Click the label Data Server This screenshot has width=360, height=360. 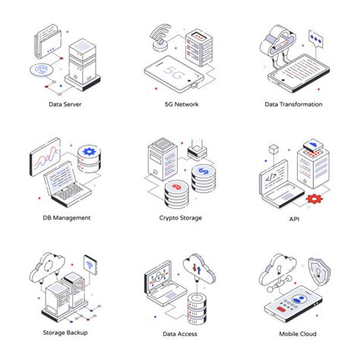click(x=66, y=104)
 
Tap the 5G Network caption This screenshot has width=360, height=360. click(x=180, y=104)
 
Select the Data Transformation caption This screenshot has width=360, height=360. click(x=293, y=104)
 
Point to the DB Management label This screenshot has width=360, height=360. click(x=66, y=217)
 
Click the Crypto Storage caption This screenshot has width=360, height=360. click(x=180, y=217)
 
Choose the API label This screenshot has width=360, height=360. click(x=293, y=217)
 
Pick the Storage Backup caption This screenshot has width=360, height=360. click(x=66, y=333)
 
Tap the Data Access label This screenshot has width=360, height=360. click(x=180, y=333)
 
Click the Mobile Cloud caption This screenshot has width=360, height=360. click(x=293, y=333)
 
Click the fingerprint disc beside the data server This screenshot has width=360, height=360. click(x=43, y=70)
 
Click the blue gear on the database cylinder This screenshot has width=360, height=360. click(x=90, y=153)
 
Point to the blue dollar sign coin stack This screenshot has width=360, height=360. click(x=201, y=172)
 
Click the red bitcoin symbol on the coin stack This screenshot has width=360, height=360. click(x=175, y=187)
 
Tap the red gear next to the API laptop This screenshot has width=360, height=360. click(x=314, y=199)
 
